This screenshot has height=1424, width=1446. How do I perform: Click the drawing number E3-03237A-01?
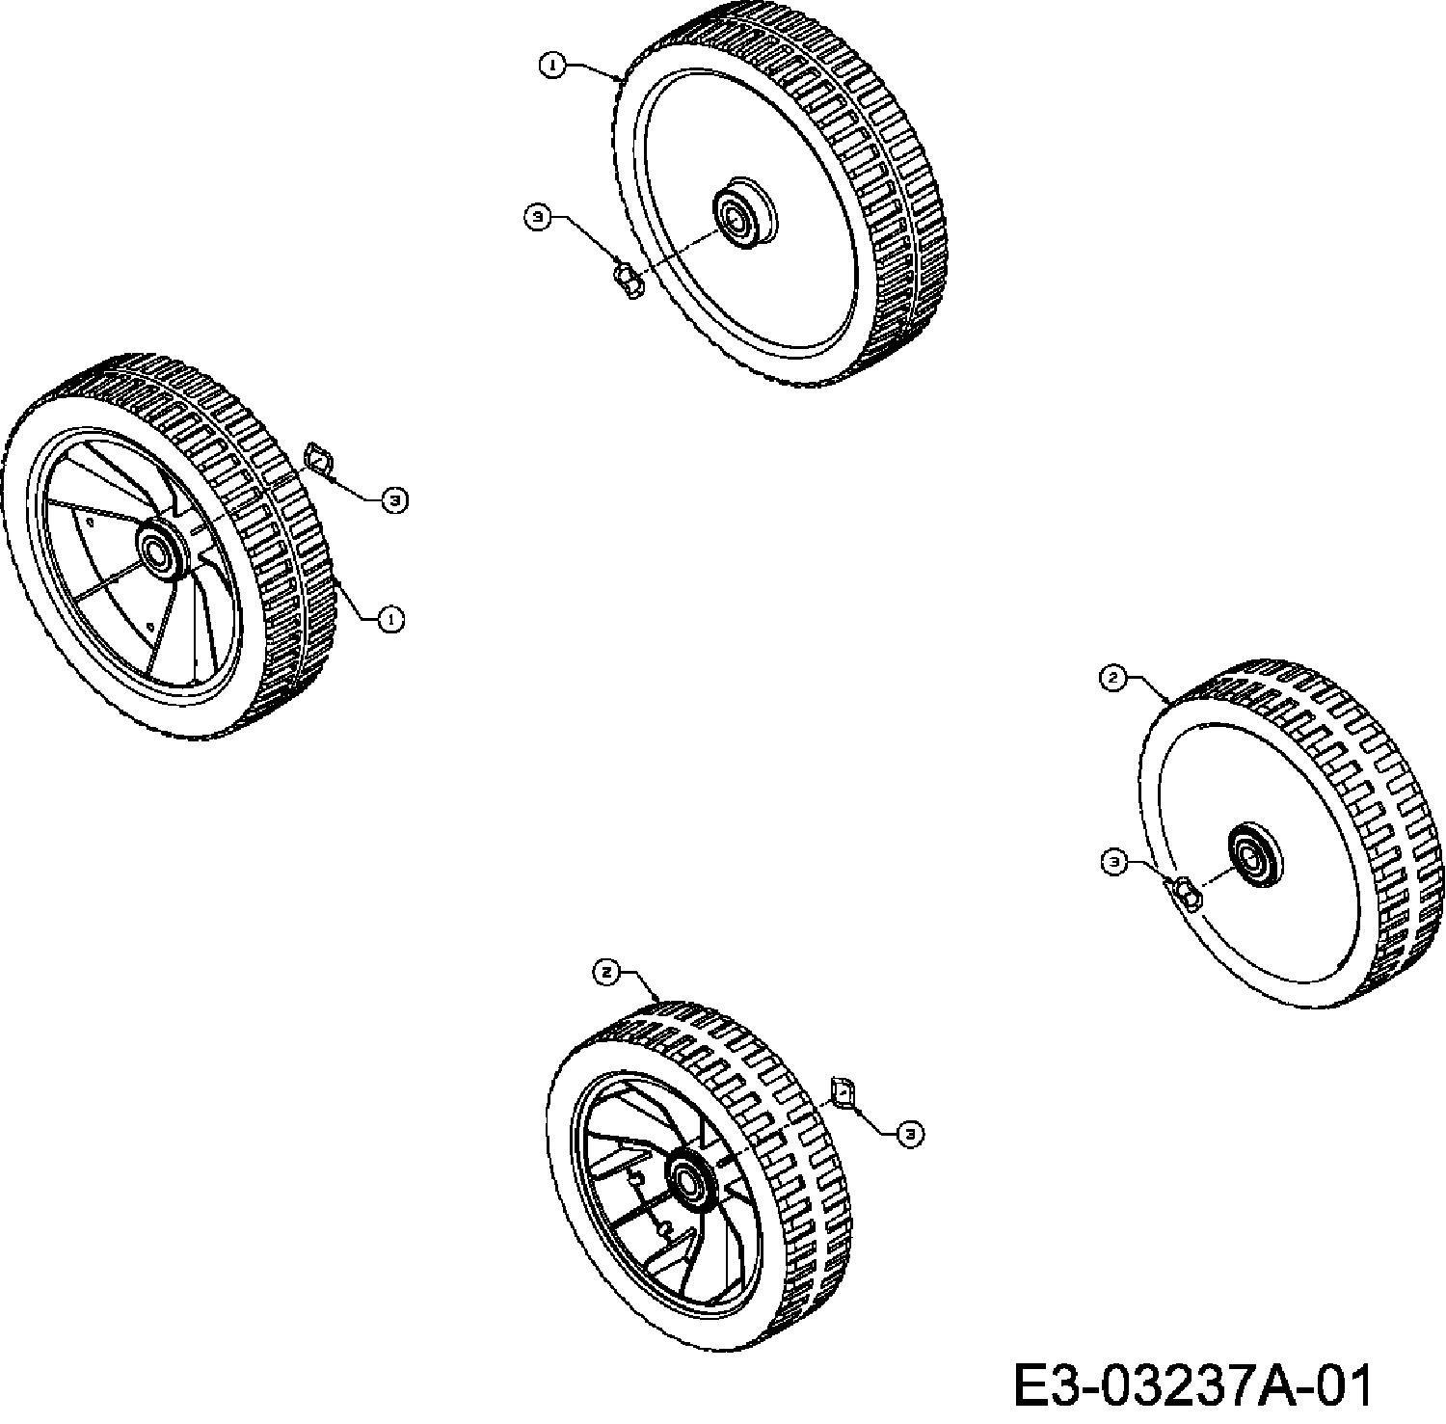(1192, 1384)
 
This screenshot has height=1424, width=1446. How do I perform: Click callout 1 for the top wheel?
(551, 66)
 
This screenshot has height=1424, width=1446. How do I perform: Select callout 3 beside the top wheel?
(538, 217)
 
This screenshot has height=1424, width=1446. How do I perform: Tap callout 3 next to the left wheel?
(393, 499)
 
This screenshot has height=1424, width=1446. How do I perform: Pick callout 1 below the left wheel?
(390, 619)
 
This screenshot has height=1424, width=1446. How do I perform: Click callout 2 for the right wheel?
(1113, 678)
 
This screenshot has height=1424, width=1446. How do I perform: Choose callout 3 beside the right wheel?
(1113, 862)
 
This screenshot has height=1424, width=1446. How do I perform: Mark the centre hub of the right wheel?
(1254, 852)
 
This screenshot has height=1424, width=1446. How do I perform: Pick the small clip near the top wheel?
(628, 281)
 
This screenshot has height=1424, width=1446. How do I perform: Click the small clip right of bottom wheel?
(843, 1092)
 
